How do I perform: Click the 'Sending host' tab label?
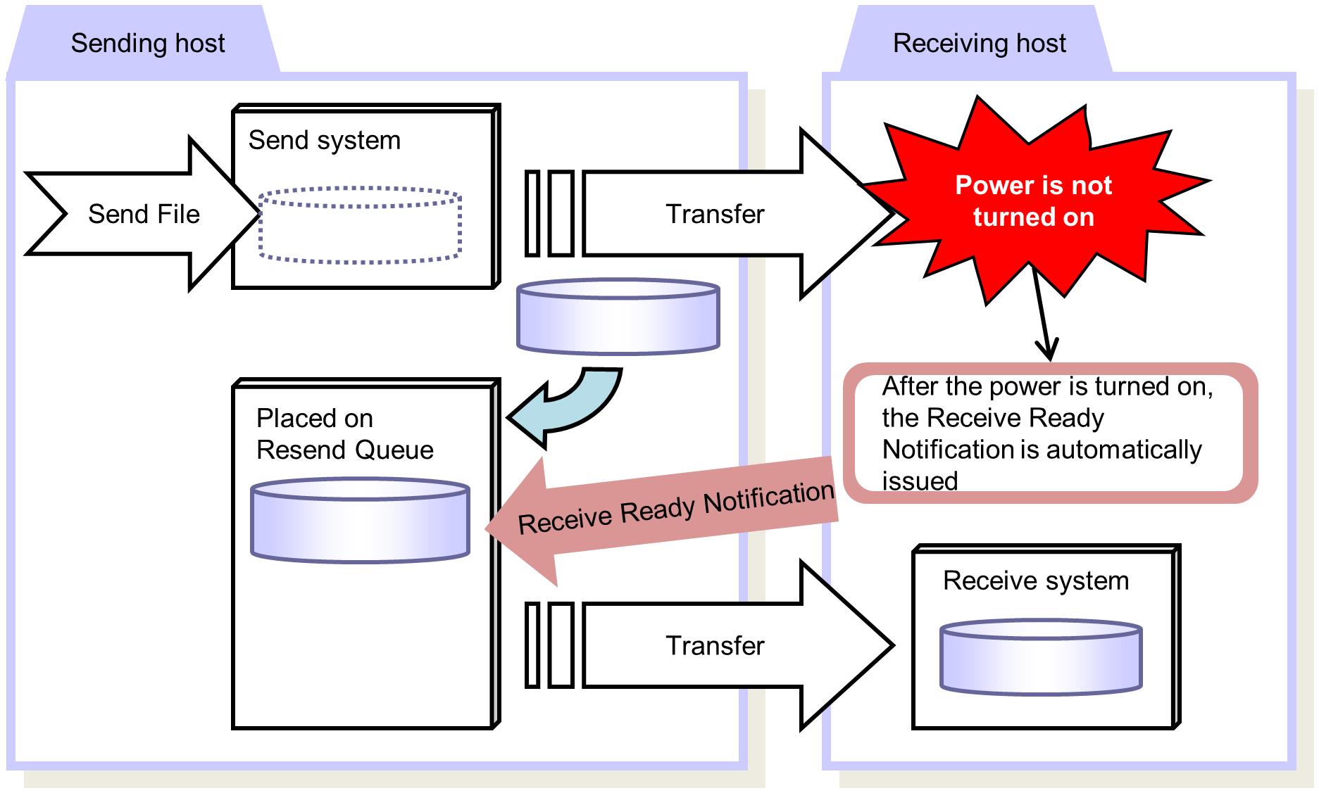[148, 44]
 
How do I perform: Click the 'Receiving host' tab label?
[979, 44]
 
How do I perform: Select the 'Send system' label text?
[325, 141]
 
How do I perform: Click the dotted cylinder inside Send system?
[360, 225]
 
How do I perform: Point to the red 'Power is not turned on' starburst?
[1033, 201]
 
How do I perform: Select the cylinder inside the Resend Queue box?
[360, 520]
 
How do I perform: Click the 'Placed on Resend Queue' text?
[344, 434]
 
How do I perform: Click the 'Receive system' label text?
[1035, 581]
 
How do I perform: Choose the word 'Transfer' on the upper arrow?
[715, 215]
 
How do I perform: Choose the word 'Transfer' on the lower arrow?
[715, 646]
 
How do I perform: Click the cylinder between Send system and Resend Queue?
[618, 317]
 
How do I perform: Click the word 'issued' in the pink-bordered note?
[920, 481]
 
